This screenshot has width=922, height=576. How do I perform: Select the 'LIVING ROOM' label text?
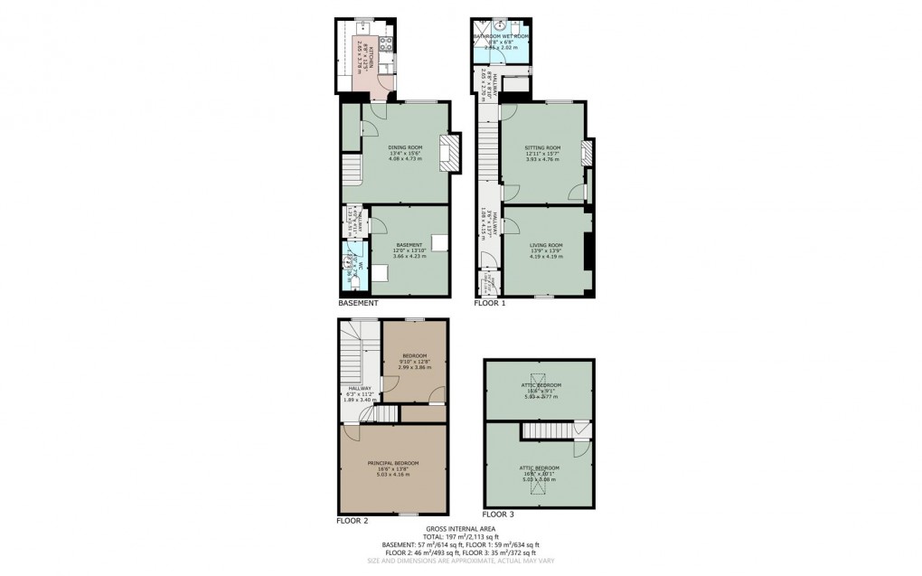545,245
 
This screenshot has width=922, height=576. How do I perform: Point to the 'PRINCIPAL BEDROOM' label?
392,463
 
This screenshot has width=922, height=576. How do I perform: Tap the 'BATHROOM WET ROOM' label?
503,36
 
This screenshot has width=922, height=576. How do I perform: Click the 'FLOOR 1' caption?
490,303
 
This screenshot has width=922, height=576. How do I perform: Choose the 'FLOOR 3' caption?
499,515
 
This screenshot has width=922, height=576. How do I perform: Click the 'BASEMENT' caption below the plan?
358,303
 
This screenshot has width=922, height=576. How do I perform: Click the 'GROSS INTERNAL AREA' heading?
460,528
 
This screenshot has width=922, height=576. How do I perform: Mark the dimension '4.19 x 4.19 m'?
545,257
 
